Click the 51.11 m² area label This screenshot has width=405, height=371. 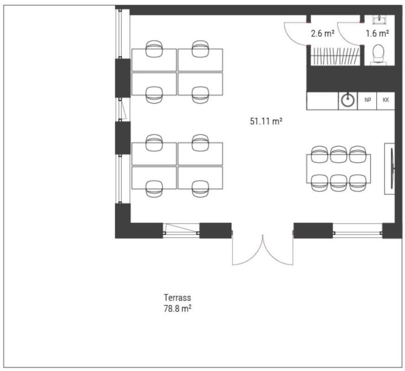pyautogui.click(x=266, y=121)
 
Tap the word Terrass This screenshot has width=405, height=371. pyautogui.click(x=177, y=298)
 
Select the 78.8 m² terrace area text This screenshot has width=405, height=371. pyautogui.click(x=177, y=308)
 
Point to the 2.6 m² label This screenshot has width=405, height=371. pyautogui.click(x=323, y=33)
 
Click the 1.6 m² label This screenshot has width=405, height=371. pyautogui.click(x=377, y=33)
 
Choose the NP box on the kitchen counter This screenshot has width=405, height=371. pyautogui.click(x=367, y=100)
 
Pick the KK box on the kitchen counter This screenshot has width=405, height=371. pyautogui.click(x=385, y=100)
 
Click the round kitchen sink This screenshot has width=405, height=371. pyautogui.click(x=348, y=100)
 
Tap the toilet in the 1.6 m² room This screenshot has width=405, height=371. pyautogui.click(x=379, y=54)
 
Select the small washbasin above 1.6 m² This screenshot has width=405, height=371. pyautogui.click(x=379, y=19)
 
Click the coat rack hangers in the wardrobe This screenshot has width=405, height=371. pyautogui.click(x=335, y=56)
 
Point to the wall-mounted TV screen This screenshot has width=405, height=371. pyautogui.click(x=392, y=169)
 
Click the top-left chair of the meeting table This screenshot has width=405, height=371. pyautogui.click(x=320, y=154)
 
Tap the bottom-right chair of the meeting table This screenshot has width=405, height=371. pyautogui.click(x=358, y=183)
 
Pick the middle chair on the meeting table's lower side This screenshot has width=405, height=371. pyautogui.click(x=339, y=183)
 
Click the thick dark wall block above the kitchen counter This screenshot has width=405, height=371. pyautogui.click(x=351, y=78)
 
